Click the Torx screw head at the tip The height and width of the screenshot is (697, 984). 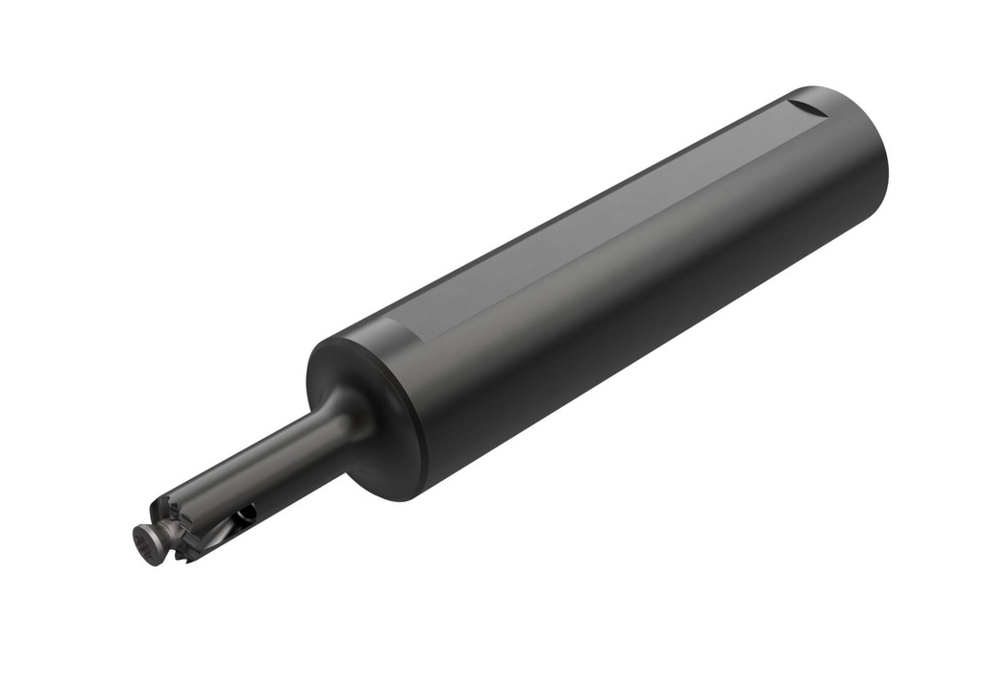147,544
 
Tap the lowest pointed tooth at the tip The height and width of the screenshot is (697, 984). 192,558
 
